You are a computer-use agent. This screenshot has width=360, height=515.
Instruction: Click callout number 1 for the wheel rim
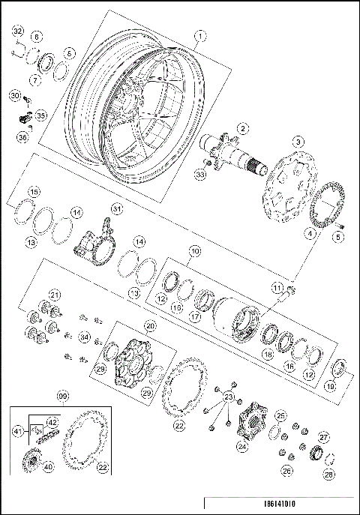(199, 34)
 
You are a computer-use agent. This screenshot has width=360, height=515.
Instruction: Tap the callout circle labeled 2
(241, 128)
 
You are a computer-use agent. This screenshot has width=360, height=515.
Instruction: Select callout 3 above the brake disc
(298, 141)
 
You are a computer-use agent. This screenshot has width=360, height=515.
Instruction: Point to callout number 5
(337, 238)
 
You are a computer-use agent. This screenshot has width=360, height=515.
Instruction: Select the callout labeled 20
(151, 326)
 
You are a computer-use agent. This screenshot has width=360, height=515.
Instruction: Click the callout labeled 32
(18, 31)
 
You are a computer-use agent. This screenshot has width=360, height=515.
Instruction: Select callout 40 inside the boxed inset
(49, 466)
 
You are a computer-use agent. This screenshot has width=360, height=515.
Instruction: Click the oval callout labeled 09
(63, 395)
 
